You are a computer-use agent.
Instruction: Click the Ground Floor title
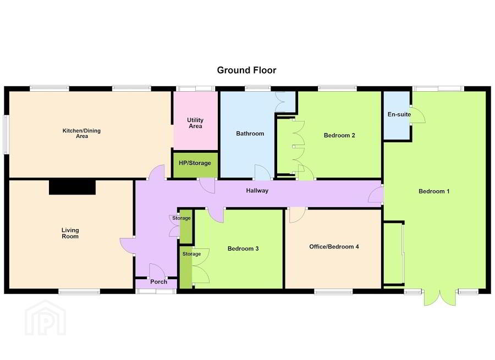click(x=246, y=70)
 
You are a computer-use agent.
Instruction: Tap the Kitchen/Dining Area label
click(x=81, y=133)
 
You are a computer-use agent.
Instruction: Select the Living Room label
click(x=70, y=233)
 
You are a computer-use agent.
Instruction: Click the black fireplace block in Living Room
click(x=72, y=187)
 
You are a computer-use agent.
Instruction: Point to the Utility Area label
click(x=195, y=123)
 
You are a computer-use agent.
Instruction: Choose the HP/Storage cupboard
click(x=195, y=165)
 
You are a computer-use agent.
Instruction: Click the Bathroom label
click(x=250, y=134)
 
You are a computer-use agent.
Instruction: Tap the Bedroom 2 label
click(x=339, y=135)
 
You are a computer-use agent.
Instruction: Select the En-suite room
click(x=397, y=115)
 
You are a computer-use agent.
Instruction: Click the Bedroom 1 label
click(x=434, y=191)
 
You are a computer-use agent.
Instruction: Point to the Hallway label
click(x=257, y=191)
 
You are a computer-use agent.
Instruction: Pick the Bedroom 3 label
click(x=243, y=248)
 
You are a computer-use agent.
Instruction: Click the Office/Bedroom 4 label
click(x=334, y=247)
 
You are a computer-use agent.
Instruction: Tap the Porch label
click(x=158, y=282)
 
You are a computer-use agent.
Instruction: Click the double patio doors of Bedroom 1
click(x=441, y=298)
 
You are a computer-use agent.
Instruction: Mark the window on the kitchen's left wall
click(x=6, y=135)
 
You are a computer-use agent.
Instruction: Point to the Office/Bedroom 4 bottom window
click(x=333, y=291)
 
